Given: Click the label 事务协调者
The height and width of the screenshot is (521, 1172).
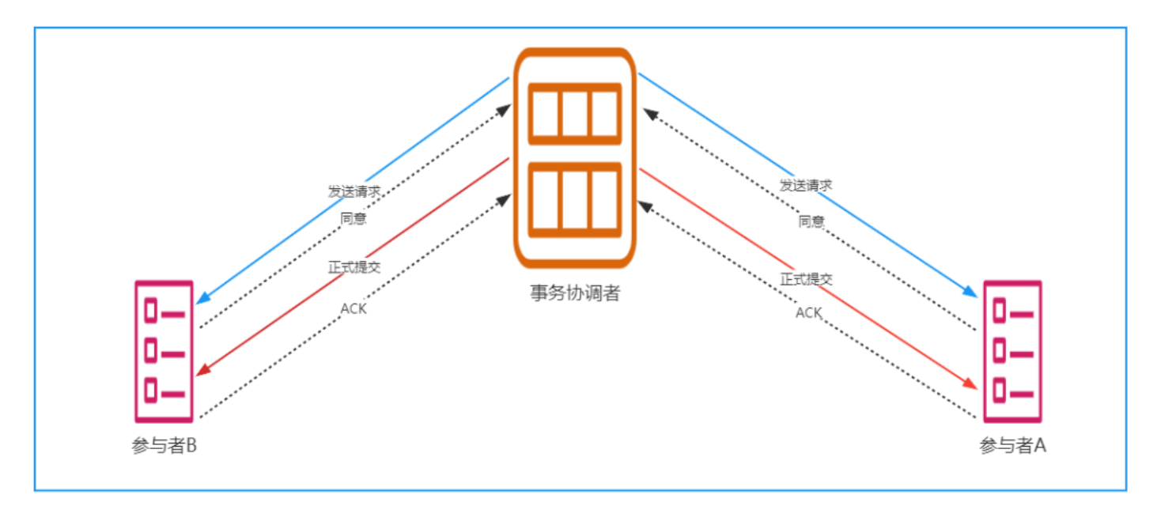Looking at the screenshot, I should pos(575,293).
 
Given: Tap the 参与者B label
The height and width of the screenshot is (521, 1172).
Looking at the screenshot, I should pos(164,445).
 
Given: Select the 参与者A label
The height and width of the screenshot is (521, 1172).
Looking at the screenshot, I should pos(1012,445).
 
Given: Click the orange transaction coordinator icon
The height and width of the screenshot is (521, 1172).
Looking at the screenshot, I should pos(574,158).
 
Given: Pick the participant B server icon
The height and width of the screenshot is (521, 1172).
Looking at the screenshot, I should pos(164,352).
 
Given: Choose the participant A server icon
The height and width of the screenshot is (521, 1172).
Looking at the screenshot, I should pos(1012,352).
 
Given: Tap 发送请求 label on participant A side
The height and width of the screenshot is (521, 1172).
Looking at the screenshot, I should pos(806,186).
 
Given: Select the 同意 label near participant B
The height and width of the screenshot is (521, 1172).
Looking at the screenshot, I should pos(353,218).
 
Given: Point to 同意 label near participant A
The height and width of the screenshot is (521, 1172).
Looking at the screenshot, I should pos(811,221).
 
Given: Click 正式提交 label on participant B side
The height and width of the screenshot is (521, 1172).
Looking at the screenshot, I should pos(354,267).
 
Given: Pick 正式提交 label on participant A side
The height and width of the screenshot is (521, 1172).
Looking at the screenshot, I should pos(807,279).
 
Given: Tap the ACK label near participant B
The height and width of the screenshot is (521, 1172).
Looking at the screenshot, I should pos(353,308).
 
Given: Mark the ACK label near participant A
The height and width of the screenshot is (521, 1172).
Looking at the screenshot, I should pos(808,313).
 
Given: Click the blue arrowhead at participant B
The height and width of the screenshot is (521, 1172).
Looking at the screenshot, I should pos(202,299).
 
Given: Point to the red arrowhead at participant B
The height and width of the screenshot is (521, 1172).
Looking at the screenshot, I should pos(202,370).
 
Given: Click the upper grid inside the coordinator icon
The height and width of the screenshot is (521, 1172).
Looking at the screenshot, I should pos(574,114).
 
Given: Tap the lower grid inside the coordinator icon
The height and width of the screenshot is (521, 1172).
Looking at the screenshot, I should pos(574,199).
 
